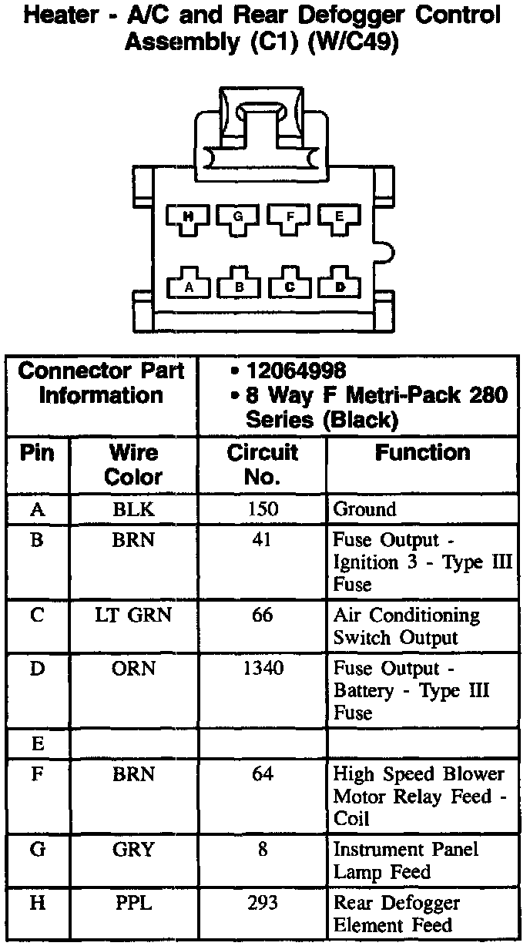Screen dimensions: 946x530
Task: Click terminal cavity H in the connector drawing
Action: click(187, 218)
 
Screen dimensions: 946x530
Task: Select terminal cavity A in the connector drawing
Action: click(187, 286)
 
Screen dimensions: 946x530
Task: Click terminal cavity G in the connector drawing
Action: click(238, 218)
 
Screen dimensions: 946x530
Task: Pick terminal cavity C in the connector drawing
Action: click(290, 286)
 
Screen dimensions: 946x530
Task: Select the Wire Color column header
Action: click(133, 465)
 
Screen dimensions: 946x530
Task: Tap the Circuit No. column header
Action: click(262, 465)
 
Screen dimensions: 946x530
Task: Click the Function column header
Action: click(422, 453)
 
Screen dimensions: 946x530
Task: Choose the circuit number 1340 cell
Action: click(263, 669)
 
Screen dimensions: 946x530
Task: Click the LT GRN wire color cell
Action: click(133, 616)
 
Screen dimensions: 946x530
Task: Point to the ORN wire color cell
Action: click(133, 669)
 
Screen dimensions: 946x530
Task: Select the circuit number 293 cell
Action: click(263, 903)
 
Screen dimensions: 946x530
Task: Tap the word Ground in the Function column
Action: click(364, 509)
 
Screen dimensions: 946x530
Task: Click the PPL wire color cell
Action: click(133, 903)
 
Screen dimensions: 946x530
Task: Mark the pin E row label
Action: click(37, 744)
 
